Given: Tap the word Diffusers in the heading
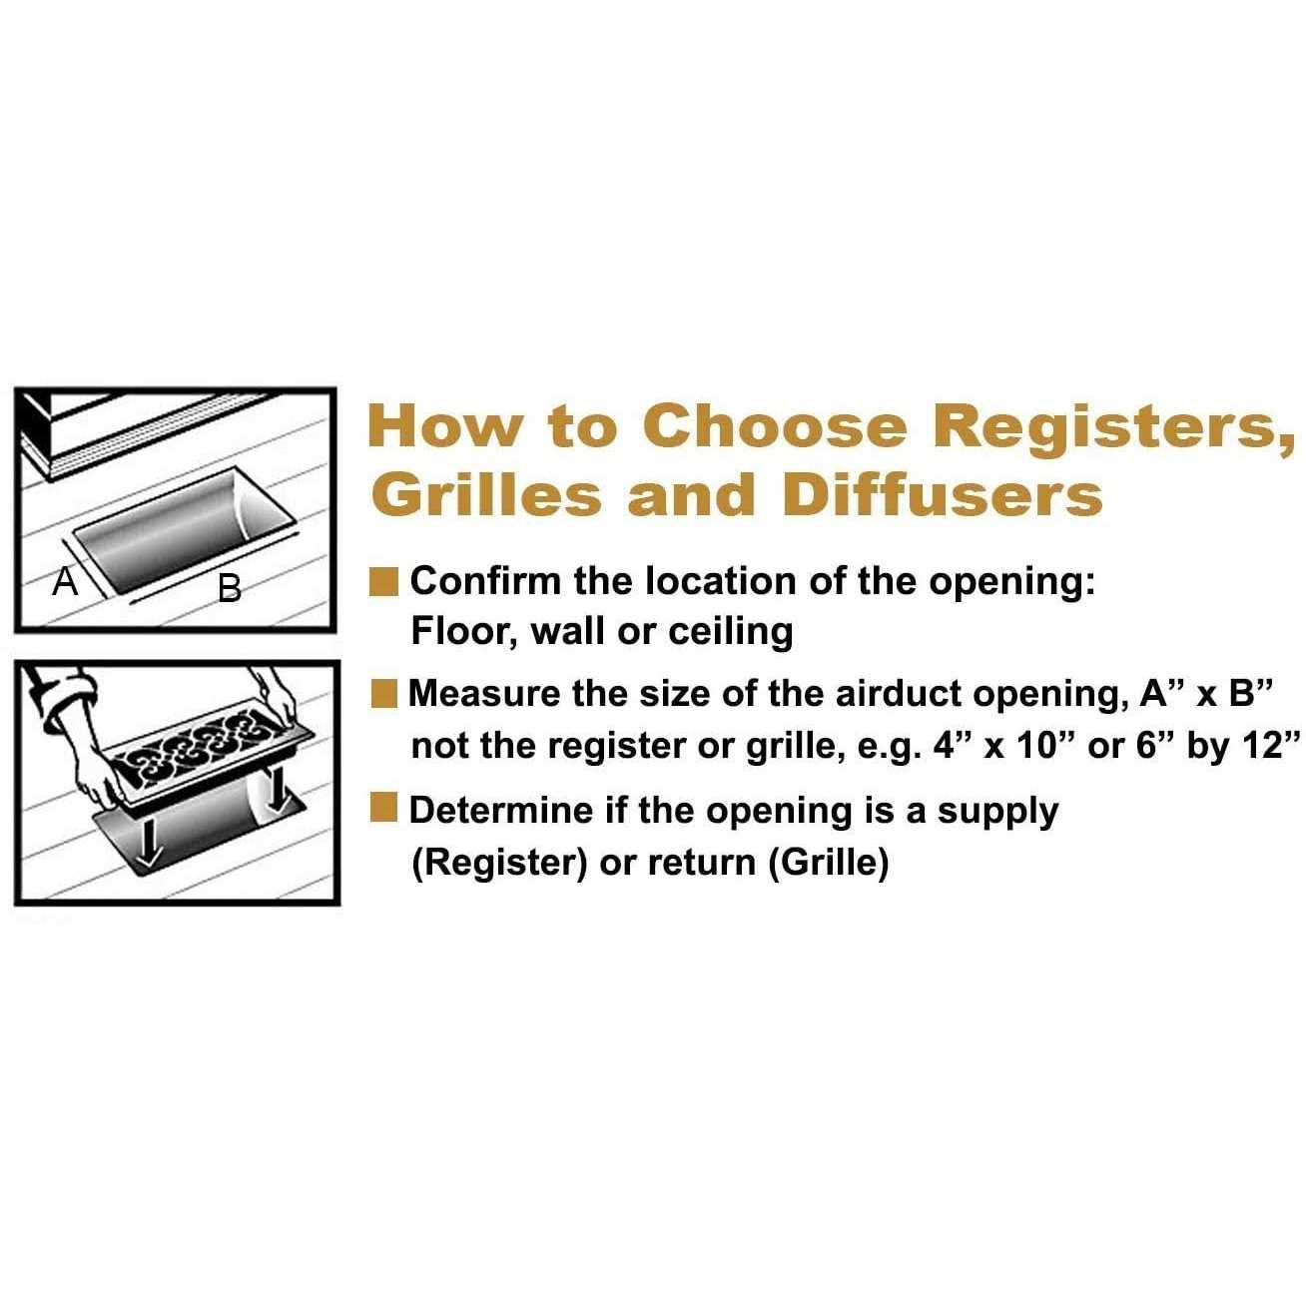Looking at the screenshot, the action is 942,495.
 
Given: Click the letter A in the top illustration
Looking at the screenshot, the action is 65,581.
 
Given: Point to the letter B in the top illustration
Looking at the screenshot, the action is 230,588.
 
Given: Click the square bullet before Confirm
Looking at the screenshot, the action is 383,582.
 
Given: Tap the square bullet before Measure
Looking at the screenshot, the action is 383,695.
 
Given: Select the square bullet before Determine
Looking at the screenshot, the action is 383,809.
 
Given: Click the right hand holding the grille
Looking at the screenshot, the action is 278,699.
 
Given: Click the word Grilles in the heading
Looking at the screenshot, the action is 486,495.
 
